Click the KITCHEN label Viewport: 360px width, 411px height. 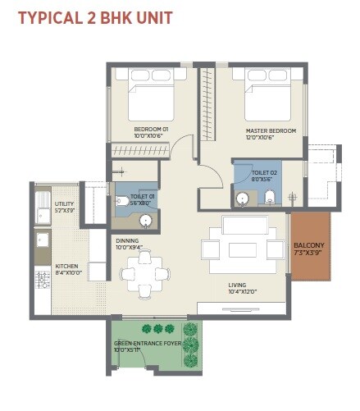click(x=66, y=266)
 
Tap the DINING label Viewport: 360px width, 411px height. click(x=128, y=240)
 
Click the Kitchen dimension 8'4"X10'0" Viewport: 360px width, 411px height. click(x=66, y=272)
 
